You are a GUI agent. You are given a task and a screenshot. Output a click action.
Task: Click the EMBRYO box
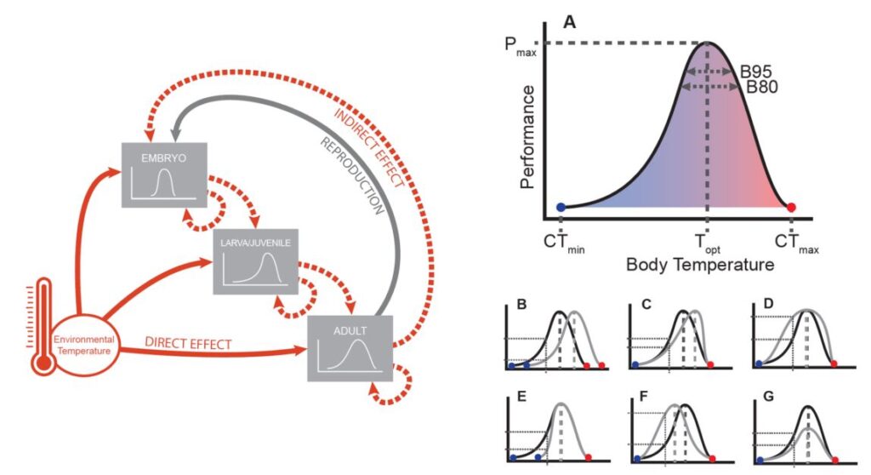pos(164,177)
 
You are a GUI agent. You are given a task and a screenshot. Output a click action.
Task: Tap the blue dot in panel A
pos(560,207)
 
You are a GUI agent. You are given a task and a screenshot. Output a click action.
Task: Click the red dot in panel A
pos(791,207)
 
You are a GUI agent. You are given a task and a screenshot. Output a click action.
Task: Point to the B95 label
pos(755,72)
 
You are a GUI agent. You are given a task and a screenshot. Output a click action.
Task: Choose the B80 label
pos(762,87)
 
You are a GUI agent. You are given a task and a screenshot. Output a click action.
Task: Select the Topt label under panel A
pos(707,243)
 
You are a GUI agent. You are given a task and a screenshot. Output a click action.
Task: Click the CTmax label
pos(797,245)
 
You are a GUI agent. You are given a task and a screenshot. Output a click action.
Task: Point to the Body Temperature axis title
pos(699,266)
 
